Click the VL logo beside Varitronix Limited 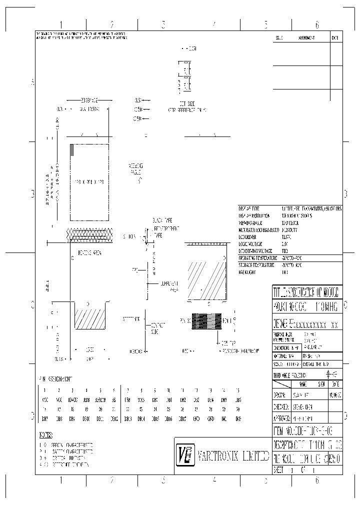point(183,455)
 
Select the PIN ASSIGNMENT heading point(55,379)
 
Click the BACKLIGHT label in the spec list point(249,272)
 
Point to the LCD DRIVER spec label point(249,236)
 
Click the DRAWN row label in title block point(279,394)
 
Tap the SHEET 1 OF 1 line point(295,470)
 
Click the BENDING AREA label point(90,253)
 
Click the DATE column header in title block point(334,383)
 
